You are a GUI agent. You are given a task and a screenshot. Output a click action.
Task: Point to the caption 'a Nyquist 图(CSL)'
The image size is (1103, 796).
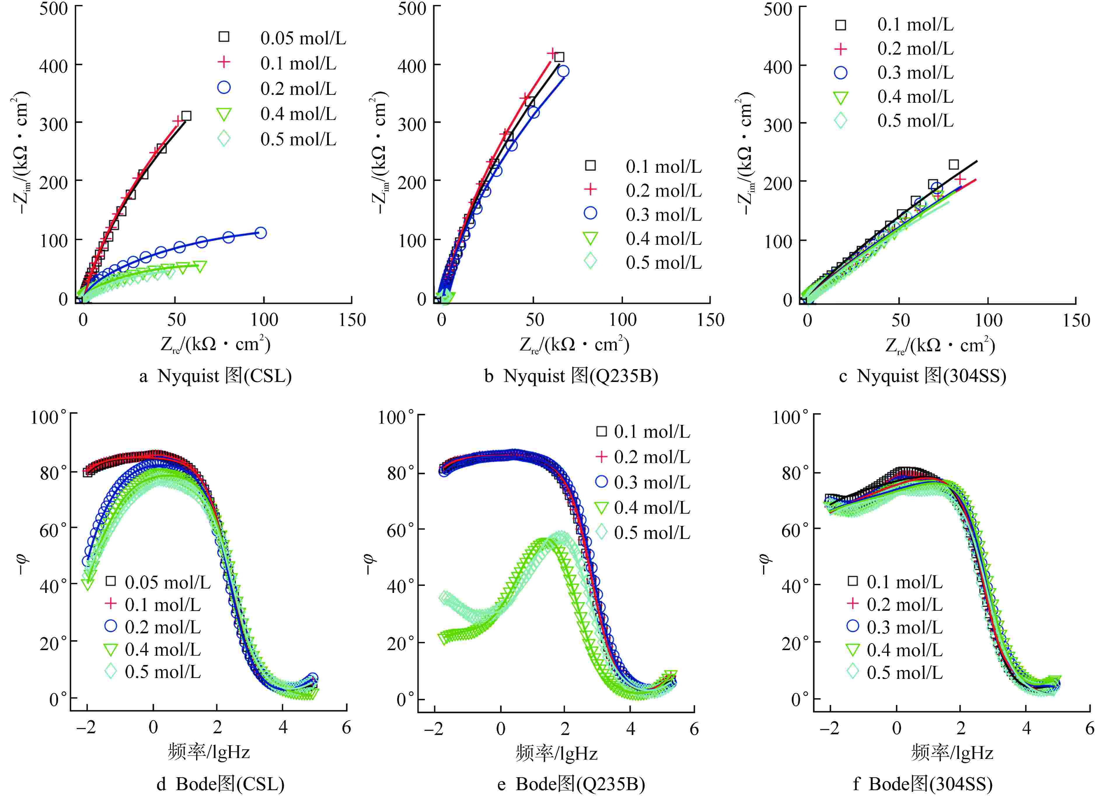[x=215, y=376]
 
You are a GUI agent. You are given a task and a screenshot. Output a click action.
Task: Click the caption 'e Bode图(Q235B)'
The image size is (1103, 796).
[x=571, y=784]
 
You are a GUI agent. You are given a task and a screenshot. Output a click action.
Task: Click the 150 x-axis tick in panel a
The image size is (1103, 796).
[x=352, y=320]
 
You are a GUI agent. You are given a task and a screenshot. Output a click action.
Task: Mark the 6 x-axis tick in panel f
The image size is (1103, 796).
[x=1089, y=728]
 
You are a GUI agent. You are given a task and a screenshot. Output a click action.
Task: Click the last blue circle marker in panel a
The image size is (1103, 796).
[x=261, y=233]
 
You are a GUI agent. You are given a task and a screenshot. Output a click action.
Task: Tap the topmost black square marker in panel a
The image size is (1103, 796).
[x=186, y=116]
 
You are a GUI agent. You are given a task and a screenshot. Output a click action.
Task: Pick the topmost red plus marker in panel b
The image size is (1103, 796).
[x=551, y=53]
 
